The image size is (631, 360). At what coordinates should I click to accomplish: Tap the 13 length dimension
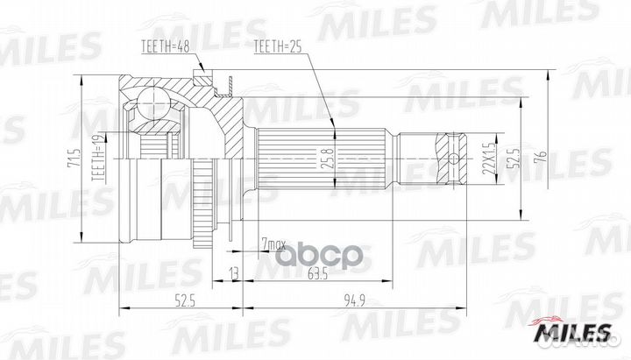pos(232,273)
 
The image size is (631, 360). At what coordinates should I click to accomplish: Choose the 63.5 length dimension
pos(318,273)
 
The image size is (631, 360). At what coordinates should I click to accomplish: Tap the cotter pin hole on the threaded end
pos(454,158)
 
